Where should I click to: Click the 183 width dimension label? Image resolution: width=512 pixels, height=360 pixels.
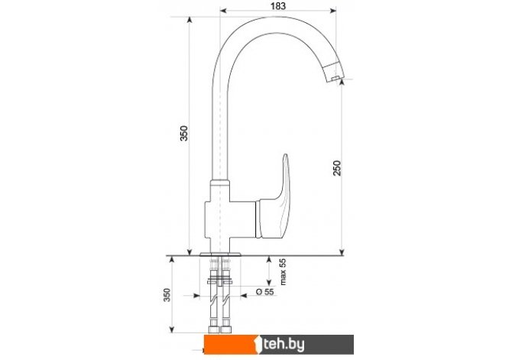tap(278, 6)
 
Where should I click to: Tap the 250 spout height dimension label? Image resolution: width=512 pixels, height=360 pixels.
tap(337, 168)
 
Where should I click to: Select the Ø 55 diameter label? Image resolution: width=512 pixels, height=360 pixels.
tap(265, 291)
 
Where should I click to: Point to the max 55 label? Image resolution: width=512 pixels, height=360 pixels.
tap(283, 272)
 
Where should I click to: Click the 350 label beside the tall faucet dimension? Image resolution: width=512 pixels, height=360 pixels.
tap(184, 133)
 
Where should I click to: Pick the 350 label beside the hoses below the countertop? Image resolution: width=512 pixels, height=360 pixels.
tap(167, 295)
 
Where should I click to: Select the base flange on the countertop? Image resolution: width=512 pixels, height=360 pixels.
tap(220, 254)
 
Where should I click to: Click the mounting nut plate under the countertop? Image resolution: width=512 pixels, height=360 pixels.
tap(219, 281)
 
